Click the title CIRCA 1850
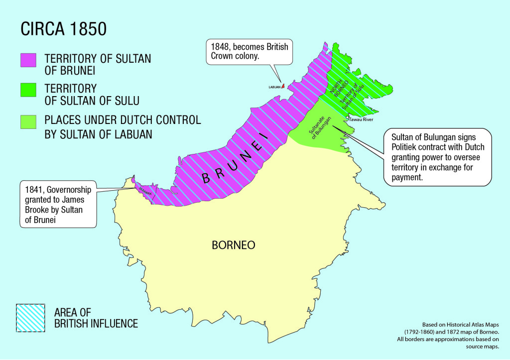tap(63, 29)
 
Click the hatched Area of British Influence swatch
tap(30, 317)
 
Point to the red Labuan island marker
tap(283, 86)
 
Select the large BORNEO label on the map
tap(233, 245)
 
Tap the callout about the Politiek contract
tap(437, 157)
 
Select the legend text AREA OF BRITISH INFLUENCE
tap(96, 318)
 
